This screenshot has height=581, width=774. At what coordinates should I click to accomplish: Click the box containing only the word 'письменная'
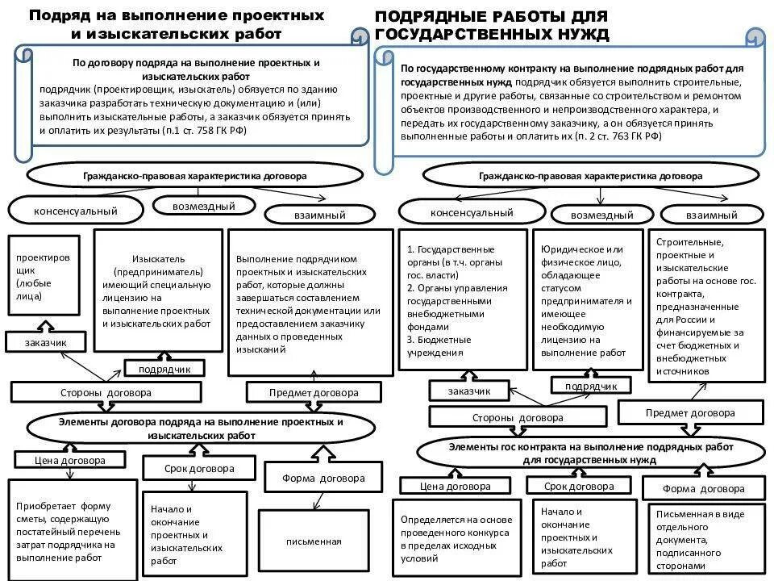coord(313,541)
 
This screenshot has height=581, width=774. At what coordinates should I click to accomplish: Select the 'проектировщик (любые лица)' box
coord(44,276)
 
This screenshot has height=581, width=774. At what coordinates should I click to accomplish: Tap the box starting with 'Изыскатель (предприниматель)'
coord(157,290)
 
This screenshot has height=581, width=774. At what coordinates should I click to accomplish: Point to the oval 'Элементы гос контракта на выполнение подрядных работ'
coord(590,452)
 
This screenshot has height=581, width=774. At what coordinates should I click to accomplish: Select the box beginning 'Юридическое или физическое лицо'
coord(586,300)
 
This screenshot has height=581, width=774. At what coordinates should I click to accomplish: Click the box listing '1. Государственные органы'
coord(462,300)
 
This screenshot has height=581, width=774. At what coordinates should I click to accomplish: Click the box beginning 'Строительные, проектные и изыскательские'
coord(705,305)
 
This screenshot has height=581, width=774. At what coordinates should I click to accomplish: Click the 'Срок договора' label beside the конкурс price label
coord(577,486)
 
